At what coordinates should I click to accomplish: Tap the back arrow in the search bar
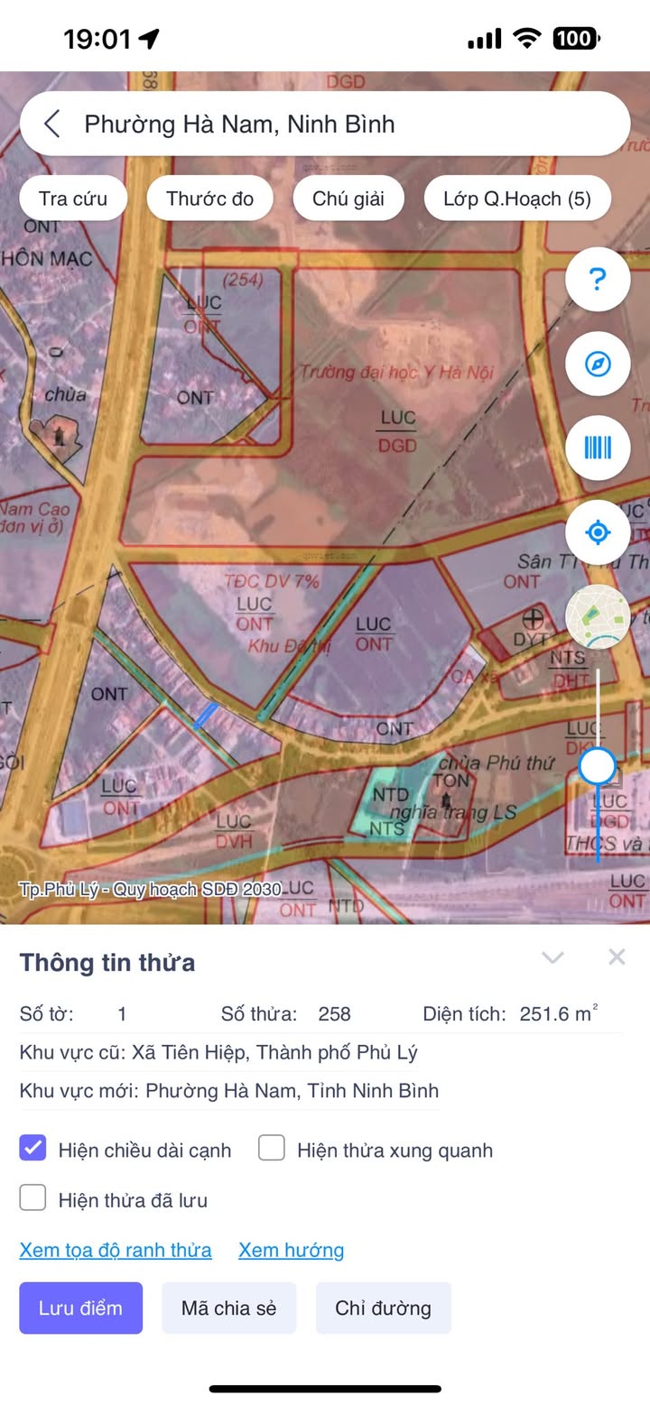pyautogui.click(x=52, y=124)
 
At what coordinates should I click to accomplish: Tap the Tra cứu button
pyautogui.click(x=73, y=199)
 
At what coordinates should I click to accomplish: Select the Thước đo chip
pyautogui.click(x=209, y=199)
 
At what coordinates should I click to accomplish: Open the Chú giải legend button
pyautogui.click(x=348, y=199)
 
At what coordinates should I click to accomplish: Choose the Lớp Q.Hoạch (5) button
pyautogui.click(x=516, y=199)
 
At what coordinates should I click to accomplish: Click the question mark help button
pyautogui.click(x=597, y=280)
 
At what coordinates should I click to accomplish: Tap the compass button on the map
pyautogui.click(x=597, y=364)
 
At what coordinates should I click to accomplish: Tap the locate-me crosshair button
pyautogui.click(x=597, y=532)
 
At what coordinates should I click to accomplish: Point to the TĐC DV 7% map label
pyautogui.click(x=272, y=581)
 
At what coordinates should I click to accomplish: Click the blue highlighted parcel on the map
pyautogui.click(x=205, y=716)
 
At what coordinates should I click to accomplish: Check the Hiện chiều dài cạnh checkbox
pyautogui.click(x=33, y=1149)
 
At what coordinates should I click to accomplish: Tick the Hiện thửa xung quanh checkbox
pyautogui.click(x=272, y=1149)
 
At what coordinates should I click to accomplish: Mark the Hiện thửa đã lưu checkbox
pyautogui.click(x=33, y=1198)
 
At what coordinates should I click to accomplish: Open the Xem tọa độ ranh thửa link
pyautogui.click(x=116, y=1250)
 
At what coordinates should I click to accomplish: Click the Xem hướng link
pyautogui.click(x=291, y=1250)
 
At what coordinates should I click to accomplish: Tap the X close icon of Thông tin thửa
pyautogui.click(x=617, y=957)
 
